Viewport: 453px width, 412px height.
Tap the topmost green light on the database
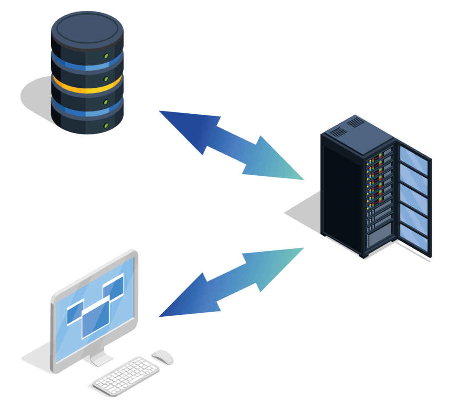[x=106, y=56]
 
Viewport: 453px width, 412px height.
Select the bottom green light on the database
[x=106, y=126]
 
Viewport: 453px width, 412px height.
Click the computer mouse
[x=162, y=357]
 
